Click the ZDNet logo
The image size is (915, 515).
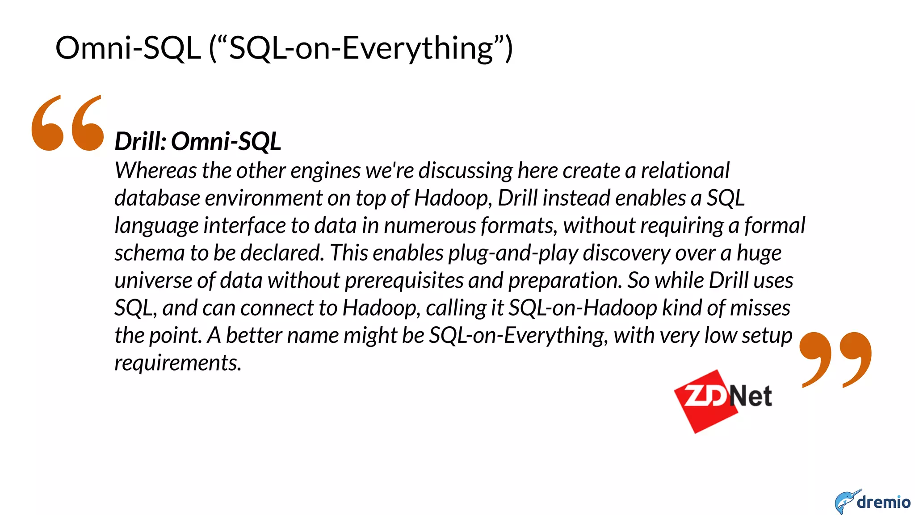[723, 399]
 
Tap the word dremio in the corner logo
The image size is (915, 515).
[883, 502]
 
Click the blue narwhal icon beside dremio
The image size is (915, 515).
[846, 502]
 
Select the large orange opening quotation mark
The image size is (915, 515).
[67, 123]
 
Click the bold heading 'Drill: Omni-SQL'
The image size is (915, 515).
[197, 141]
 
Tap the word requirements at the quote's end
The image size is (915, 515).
[177, 363]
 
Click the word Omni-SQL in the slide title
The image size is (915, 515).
[128, 48]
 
